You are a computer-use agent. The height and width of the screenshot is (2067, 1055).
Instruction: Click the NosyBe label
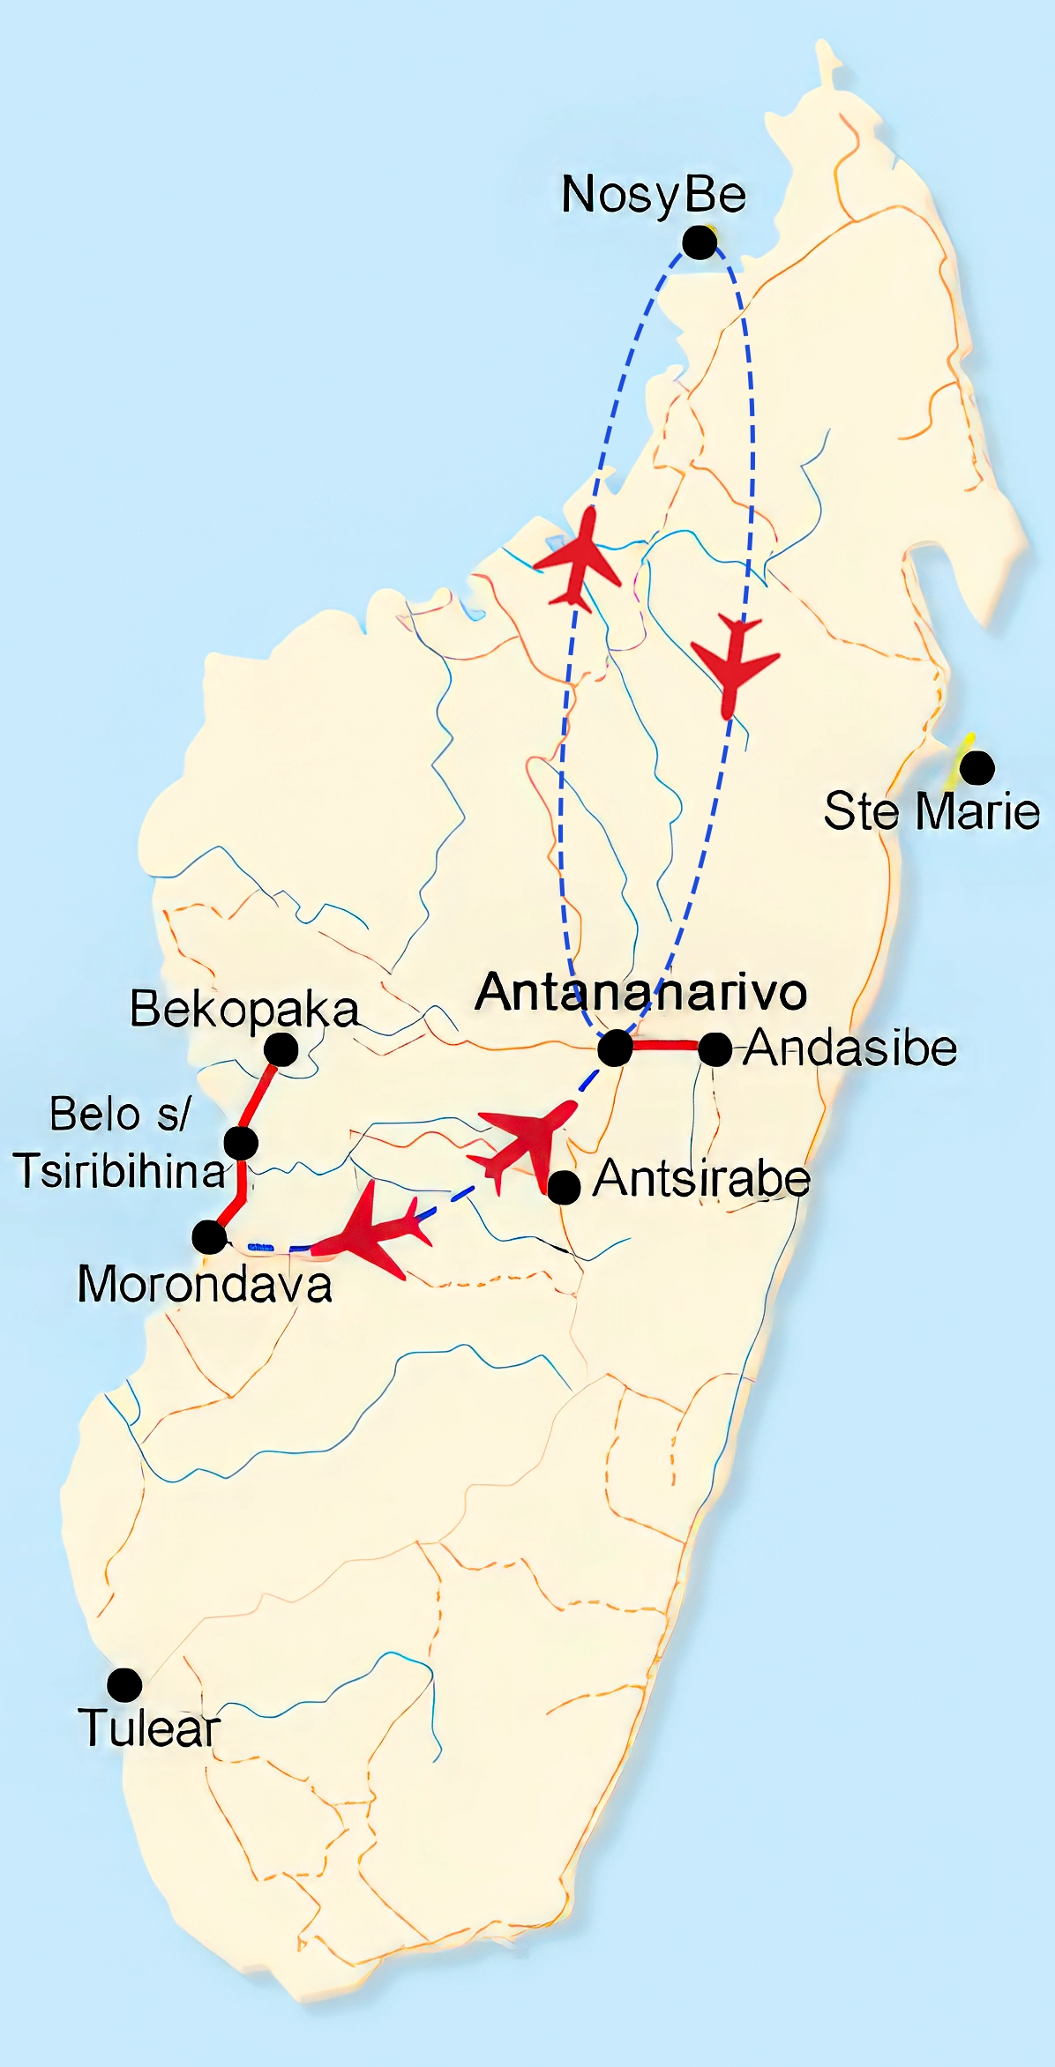click(654, 195)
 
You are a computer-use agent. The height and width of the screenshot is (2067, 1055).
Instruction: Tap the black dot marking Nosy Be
click(700, 243)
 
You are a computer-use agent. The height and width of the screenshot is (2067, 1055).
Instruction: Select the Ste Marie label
click(932, 811)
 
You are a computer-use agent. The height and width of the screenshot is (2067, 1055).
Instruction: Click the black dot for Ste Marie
click(976, 767)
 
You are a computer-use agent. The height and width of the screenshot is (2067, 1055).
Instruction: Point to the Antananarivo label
click(641, 992)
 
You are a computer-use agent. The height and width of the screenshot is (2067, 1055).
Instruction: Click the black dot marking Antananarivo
click(615, 1048)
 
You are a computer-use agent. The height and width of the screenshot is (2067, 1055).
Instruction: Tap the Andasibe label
click(850, 1048)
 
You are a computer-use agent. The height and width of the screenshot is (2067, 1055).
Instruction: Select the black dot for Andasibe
click(715, 1049)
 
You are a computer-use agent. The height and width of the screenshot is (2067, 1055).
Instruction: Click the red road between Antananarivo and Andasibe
click(665, 1046)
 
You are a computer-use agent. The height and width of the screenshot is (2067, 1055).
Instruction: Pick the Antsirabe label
click(701, 1179)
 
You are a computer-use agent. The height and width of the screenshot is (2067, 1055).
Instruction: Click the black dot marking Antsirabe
click(564, 1187)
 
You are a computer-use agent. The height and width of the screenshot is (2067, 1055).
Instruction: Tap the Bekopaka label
click(244, 1010)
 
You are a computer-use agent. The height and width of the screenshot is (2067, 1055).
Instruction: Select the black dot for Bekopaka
click(281, 1049)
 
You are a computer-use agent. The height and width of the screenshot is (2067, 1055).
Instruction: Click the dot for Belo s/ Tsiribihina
click(241, 1143)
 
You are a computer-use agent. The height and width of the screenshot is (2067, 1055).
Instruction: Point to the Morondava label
click(205, 1285)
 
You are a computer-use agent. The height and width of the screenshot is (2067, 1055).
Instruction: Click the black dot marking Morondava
click(209, 1237)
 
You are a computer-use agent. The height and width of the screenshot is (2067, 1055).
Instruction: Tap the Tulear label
click(148, 1727)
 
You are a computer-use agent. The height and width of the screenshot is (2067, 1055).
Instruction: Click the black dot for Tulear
click(124, 1685)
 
